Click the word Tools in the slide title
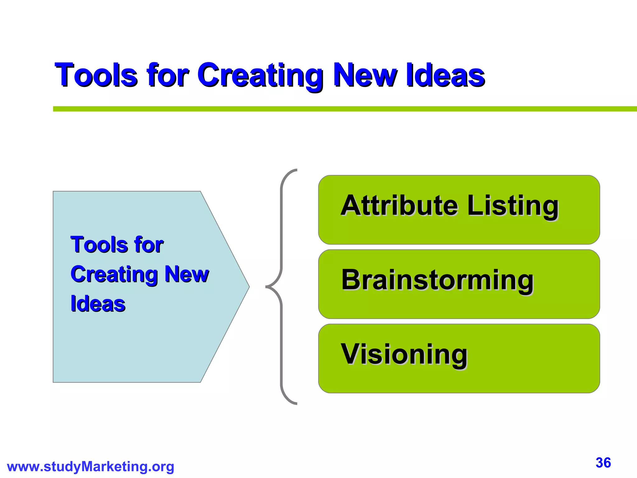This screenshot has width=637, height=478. point(96,75)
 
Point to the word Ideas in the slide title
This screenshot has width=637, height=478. point(445,75)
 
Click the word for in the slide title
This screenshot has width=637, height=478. point(168,75)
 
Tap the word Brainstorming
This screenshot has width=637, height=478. point(437,280)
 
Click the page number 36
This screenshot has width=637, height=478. point(603,463)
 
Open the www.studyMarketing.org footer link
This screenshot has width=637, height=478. point(91,467)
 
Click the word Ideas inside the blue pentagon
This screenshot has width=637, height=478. point(98,304)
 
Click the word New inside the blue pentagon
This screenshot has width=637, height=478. point(187,274)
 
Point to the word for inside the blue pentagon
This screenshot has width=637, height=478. point(148,245)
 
